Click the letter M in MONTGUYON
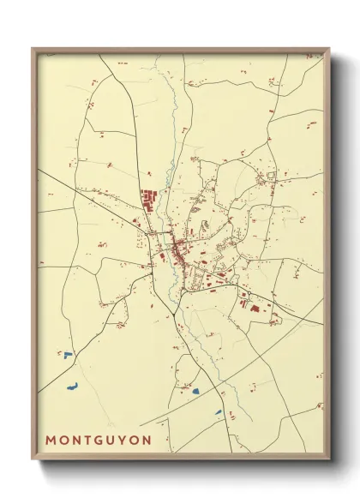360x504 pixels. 51,440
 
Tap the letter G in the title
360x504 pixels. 100,440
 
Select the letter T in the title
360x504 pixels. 88,440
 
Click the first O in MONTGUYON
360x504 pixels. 64,440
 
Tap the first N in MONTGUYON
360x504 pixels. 77,440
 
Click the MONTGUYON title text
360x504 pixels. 99,440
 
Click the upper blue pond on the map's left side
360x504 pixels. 67,353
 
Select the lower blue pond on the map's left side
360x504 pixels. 72,386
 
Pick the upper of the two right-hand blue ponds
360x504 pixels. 195,391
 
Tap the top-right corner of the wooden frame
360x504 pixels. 328,50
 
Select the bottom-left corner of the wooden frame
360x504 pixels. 33,459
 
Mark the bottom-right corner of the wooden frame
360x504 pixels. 328,459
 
